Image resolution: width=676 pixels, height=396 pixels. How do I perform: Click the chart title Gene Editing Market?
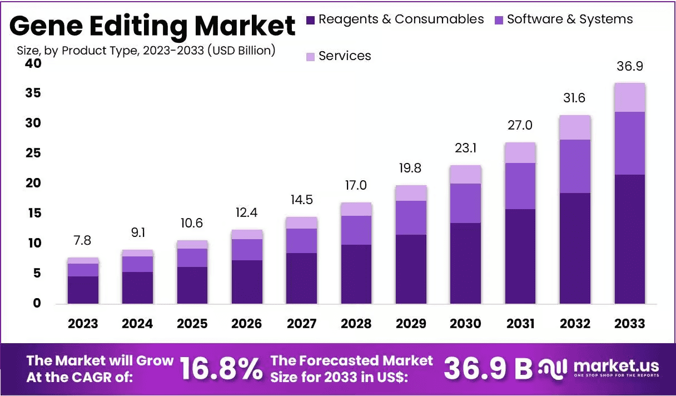point(152,26)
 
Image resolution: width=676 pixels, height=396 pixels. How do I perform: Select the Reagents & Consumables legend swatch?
point(311,20)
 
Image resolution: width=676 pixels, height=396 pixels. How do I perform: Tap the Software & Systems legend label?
point(569,19)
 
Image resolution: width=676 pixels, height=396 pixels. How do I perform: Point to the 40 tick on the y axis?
point(33,63)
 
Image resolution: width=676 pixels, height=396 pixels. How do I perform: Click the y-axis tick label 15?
point(33,213)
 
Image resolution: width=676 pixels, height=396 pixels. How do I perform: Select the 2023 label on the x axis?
point(83,324)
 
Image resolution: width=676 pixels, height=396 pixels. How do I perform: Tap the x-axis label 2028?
point(356,324)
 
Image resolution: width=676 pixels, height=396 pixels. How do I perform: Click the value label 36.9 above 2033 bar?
point(630,66)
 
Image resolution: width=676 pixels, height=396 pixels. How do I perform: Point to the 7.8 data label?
point(83,241)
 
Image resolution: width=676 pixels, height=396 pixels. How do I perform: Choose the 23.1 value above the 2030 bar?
point(466,148)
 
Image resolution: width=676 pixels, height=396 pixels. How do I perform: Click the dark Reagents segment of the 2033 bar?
point(630,239)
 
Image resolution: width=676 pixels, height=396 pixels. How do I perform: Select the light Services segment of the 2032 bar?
point(575,127)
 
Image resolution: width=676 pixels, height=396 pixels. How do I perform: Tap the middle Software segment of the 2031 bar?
point(520,186)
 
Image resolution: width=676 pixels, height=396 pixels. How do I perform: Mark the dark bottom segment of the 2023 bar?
point(83,290)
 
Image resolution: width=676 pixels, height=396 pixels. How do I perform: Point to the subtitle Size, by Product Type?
point(146,50)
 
